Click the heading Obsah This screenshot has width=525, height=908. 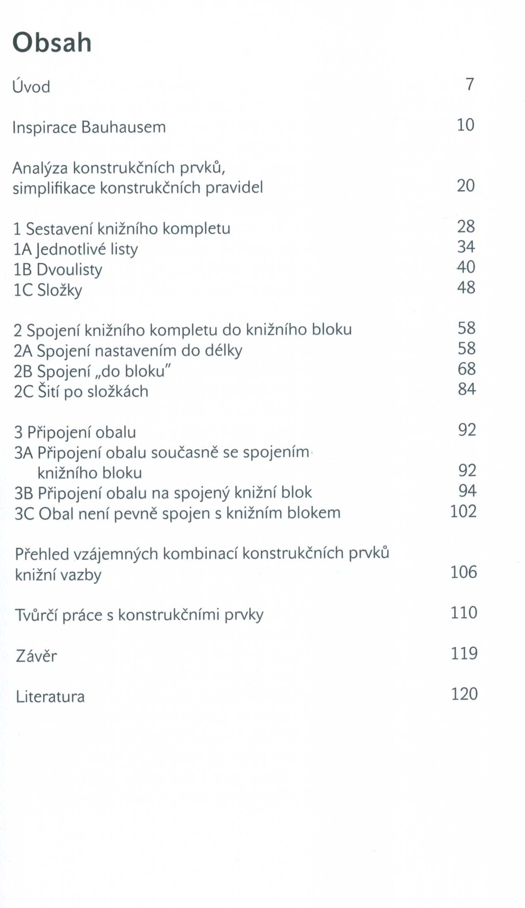52,43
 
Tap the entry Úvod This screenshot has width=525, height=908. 31,87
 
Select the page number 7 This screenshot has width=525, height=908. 470,84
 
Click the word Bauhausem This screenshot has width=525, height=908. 123,127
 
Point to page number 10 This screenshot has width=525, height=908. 466,125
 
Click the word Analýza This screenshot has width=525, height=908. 40,168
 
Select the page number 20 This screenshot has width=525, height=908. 466,186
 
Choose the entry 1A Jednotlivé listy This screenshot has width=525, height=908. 76,249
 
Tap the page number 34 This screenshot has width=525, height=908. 466,246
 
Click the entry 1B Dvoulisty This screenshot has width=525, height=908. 58,269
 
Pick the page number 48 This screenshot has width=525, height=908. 466,287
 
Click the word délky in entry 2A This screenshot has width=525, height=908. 223,351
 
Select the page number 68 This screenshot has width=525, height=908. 467,369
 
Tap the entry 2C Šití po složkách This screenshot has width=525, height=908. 81,391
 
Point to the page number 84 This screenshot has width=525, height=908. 467,389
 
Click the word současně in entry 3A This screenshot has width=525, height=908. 185,452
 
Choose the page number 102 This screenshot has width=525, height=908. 463,511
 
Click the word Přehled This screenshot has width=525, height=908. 42,554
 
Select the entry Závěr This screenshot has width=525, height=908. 36,656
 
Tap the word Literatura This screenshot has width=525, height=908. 50,696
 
